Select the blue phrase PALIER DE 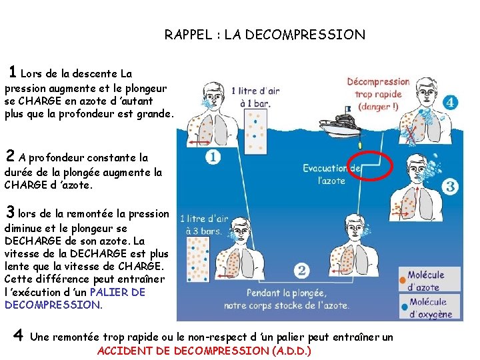click(117, 292)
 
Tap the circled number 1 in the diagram click(213, 157)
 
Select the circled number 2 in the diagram click(301, 271)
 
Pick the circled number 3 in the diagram click(451, 187)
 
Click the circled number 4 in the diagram click(451, 103)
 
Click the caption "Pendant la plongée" click(286, 293)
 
